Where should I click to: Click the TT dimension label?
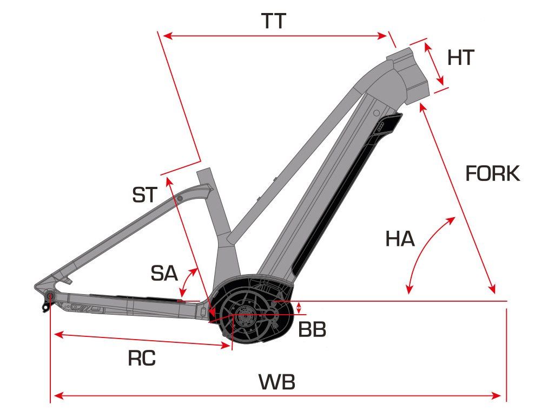[273, 22]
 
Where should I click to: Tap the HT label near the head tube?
[460, 57]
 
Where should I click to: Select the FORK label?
[492, 174]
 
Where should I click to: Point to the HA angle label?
[400, 239]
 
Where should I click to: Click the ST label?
[144, 195]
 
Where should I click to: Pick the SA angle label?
[164, 274]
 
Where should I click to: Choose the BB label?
[312, 329]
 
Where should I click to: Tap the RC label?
[142, 358]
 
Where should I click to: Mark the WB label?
[277, 382]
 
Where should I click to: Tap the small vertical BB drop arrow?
[299, 308]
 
